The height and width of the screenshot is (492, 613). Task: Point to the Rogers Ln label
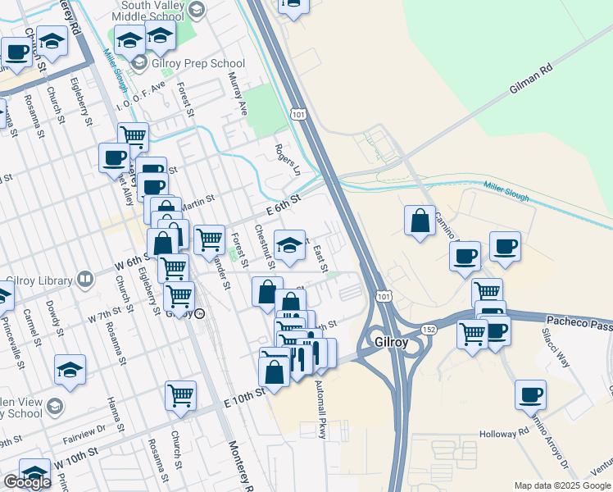[x=288, y=161]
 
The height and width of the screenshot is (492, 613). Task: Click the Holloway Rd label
[x=505, y=432]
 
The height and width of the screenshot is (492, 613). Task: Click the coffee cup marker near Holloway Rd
[x=531, y=394]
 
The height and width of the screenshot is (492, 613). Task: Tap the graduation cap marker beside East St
[x=289, y=246]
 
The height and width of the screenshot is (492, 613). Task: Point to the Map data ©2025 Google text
[x=561, y=485]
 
